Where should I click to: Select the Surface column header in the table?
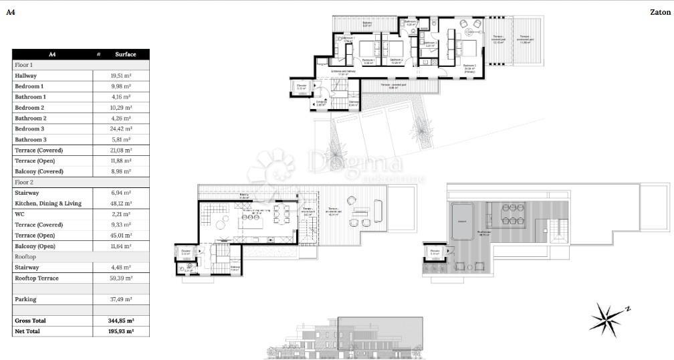coord(125,54)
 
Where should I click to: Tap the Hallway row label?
coord(26,76)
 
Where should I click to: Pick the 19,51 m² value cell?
coord(120,76)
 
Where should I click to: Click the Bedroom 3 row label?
coord(29,128)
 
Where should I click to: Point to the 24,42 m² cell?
coord(120,128)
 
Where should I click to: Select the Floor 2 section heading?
coord(24,182)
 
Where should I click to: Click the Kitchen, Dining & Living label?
coord(48,203)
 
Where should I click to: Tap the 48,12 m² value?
coord(120,203)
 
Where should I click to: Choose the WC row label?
coord(19,214)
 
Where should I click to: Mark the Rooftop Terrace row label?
coord(37,278)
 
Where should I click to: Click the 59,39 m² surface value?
coord(120,278)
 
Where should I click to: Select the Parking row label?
coord(26,299)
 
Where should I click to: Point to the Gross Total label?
coord(31,321)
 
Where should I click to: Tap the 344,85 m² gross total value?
coord(121,321)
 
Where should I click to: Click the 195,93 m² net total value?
coord(121,331)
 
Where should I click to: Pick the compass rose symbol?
coord(606,319)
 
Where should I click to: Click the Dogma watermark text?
coord(354,163)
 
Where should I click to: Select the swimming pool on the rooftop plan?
coord(461,219)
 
